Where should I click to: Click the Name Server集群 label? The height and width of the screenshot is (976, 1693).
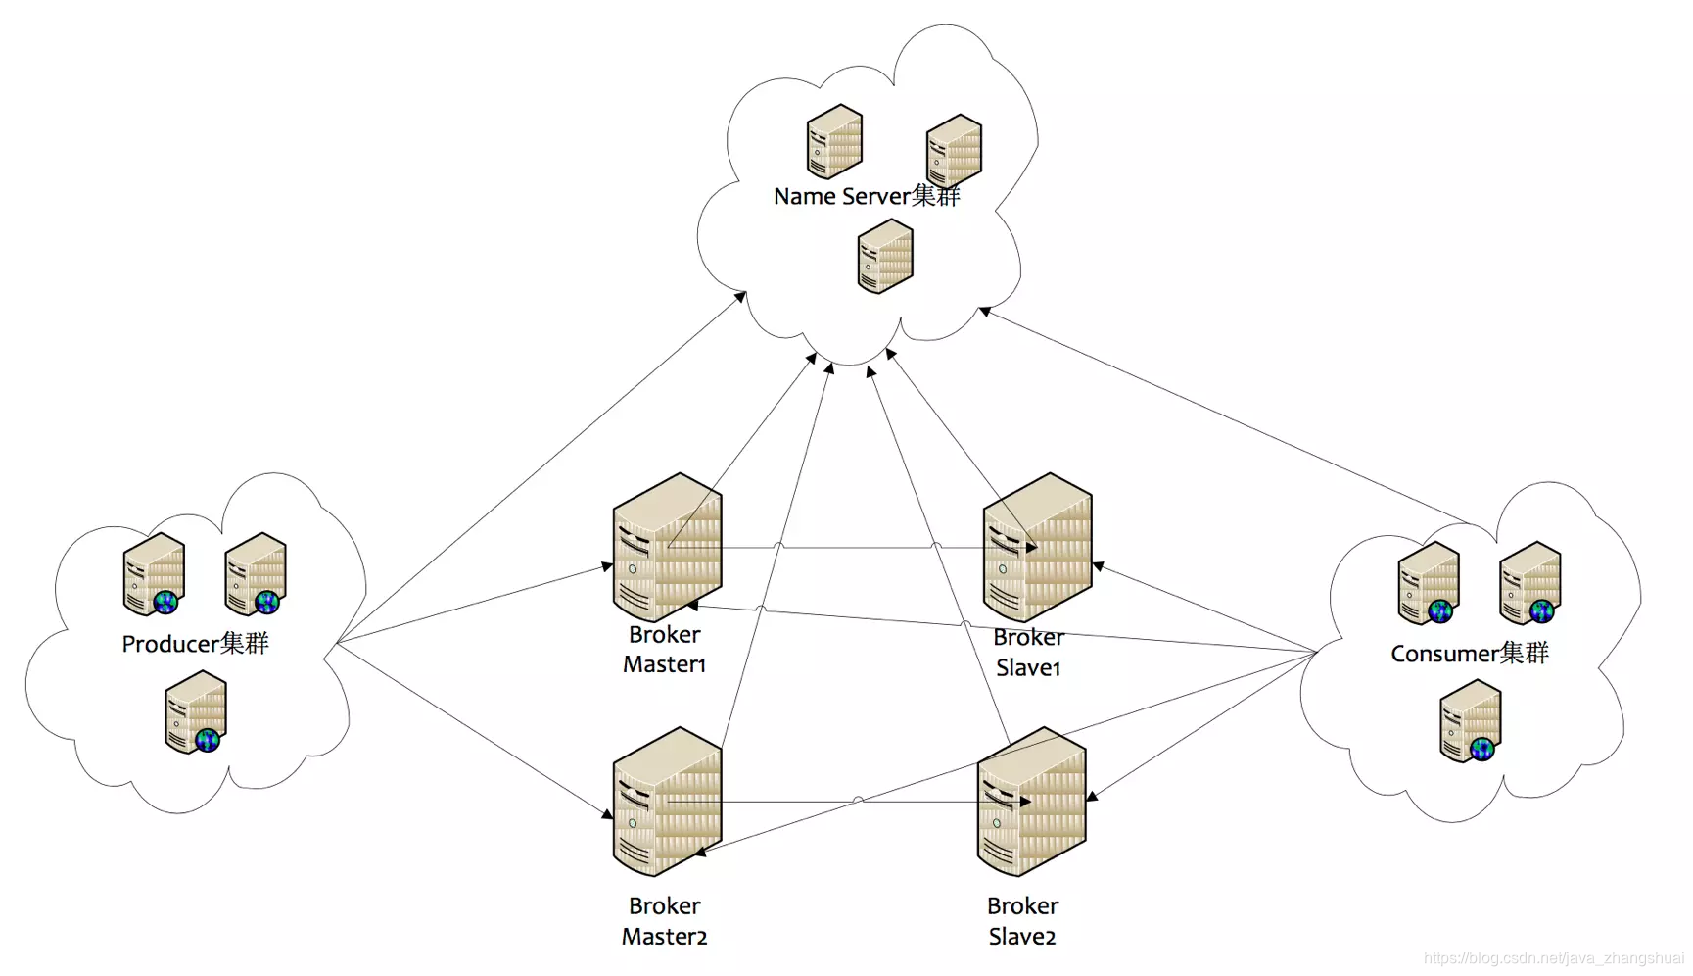867,196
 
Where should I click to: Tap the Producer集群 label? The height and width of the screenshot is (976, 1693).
195,644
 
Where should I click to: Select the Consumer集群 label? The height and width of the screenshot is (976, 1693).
1470,654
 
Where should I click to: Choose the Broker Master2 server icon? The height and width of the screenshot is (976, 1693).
667,801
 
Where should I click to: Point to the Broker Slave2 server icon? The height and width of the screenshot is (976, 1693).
1031,801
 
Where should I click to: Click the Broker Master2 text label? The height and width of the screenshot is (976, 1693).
664,921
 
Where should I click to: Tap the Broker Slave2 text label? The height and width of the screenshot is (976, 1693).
1022,921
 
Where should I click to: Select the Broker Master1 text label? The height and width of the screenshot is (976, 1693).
664,650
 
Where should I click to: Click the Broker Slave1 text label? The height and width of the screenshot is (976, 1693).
1028,653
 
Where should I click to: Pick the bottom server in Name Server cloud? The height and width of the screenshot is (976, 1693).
885,256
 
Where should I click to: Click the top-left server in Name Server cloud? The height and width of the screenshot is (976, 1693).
834,141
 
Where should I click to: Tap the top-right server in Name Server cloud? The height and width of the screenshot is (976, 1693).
954,150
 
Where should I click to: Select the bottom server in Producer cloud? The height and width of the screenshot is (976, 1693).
196,711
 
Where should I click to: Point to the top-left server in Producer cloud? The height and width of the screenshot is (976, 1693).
155,574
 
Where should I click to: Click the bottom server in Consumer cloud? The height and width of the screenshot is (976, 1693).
1471,721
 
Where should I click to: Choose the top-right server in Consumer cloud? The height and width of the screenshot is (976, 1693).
1530,583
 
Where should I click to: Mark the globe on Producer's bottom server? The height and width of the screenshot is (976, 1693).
208,740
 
